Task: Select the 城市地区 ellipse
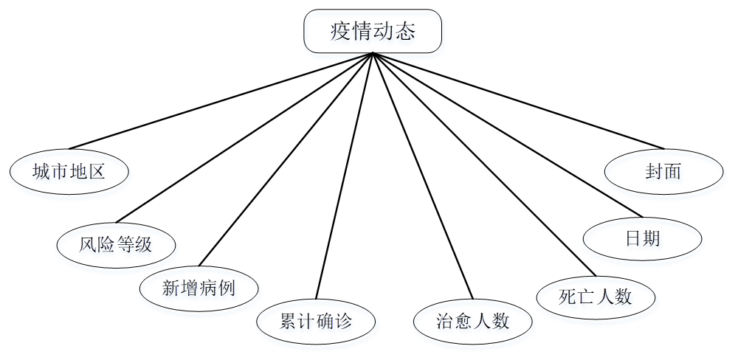[69, 172]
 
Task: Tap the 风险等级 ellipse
[116, 244]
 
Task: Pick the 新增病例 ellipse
[199, 288]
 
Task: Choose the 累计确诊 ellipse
[316, 322]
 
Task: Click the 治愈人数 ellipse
[473, 322]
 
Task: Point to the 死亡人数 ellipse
[596, 297]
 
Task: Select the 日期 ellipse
[642, 238]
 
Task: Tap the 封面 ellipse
[663, 172]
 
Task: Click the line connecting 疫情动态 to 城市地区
[221, 100]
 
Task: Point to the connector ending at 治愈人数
[423, 177]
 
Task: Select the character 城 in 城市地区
[42, 172]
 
